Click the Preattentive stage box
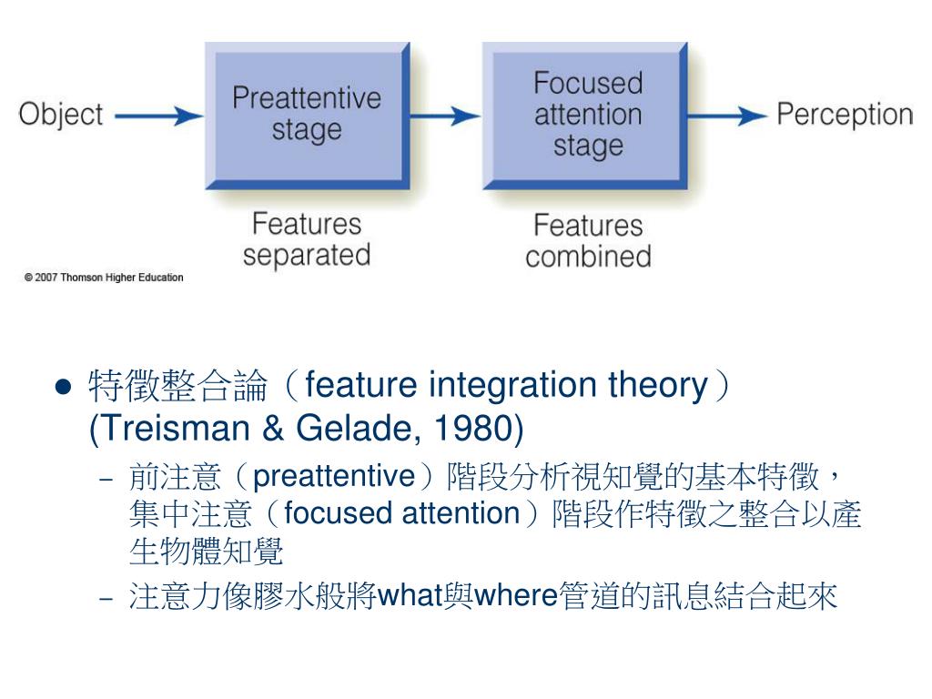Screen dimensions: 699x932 (x=307, y=114)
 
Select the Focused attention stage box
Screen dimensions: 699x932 (x=587, y=114)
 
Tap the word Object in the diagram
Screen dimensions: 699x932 (x=61, y=116)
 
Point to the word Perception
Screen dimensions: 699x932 (x=845, y=116)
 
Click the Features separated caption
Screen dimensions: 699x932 (x=307, y=238)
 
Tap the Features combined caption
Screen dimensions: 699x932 (x=588, y=240)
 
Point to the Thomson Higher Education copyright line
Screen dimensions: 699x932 (x=104, y=278)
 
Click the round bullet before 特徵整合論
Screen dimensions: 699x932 (x=63, y=387)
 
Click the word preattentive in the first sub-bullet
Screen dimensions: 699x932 (x=332, y=475)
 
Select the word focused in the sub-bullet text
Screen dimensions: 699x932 (x=324, y=513)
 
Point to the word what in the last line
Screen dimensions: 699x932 (x=410, y=596)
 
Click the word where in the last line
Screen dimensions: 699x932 (x=515, y=596)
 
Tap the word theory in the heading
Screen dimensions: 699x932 (x=656, y=386)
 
